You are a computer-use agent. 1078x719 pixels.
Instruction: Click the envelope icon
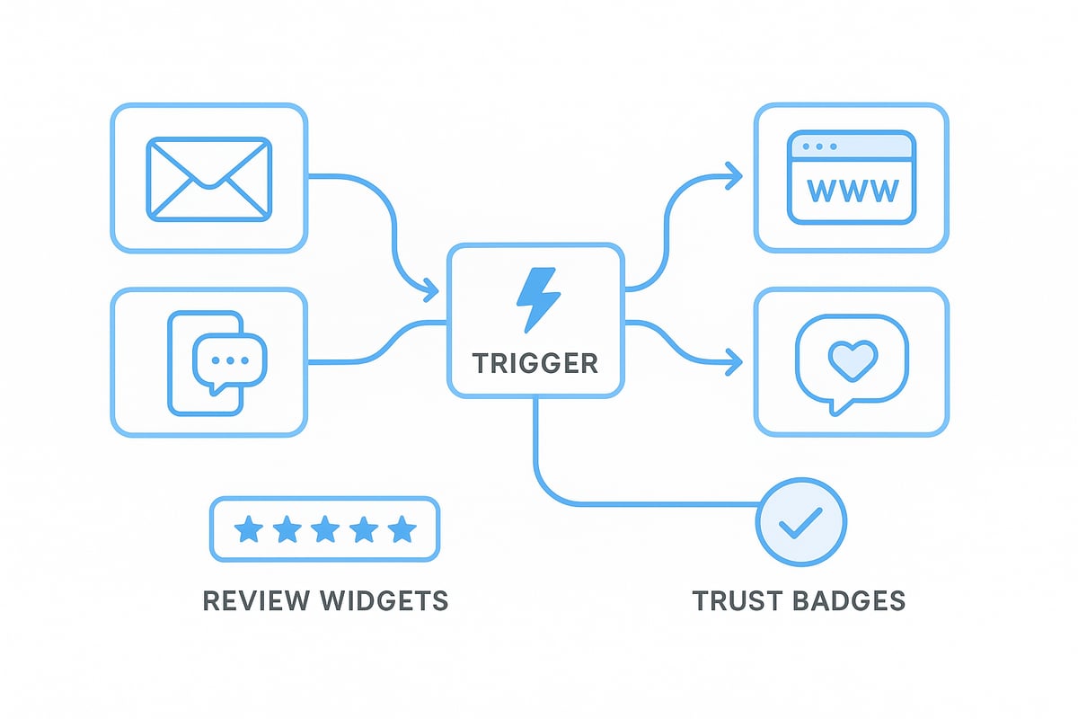208,178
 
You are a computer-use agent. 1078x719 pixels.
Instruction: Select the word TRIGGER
535,363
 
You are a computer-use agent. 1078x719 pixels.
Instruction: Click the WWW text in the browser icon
852,190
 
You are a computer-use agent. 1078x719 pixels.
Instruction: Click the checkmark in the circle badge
801,521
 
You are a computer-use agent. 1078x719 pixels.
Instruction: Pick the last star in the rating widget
402,530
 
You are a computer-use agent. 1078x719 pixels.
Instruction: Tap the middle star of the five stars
325,530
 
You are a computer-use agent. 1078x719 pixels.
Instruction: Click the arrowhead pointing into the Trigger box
431,290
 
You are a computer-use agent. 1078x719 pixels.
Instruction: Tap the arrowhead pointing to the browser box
735,173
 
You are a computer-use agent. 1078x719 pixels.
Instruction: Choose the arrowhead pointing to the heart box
735,363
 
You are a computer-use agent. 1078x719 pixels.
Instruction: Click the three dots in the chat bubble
230,359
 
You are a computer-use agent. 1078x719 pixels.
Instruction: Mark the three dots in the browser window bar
820,146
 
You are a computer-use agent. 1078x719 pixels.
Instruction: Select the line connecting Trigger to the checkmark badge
629,503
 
